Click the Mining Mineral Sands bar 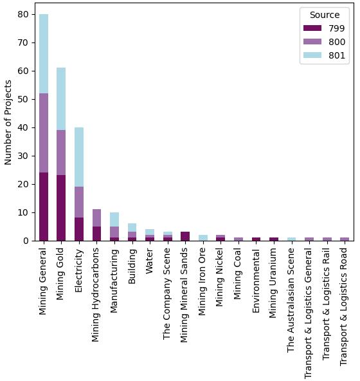coord(185,236)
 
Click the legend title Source coord(324,15)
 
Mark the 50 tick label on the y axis coord(22,99)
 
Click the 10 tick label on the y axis coord(22,212)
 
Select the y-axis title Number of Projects coord(8,122)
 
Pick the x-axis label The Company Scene coord(167,293)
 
